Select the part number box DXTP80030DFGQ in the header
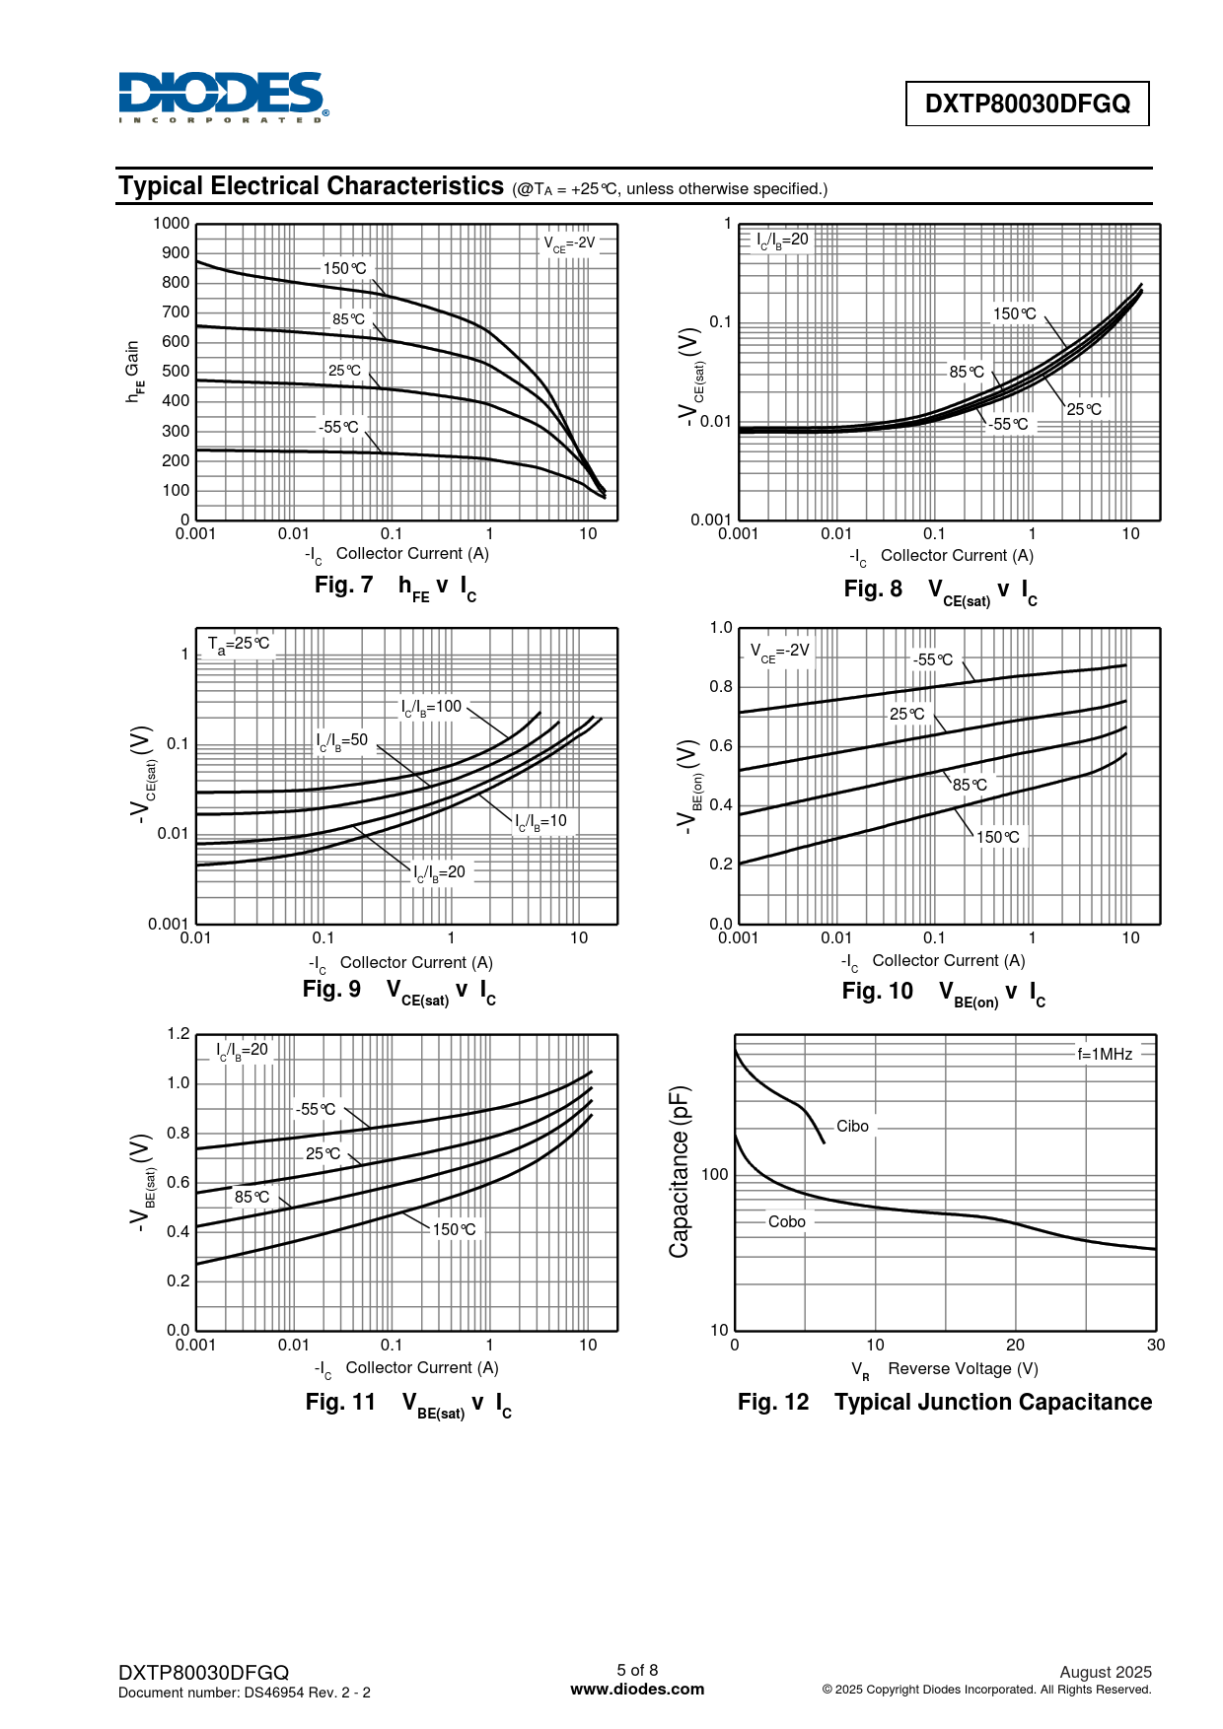pyautogui.click(x=1027, y=104)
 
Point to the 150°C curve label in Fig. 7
pyautogui.click(x=344, y=268)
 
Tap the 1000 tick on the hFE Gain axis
pyautogui.click(x=172, y=224)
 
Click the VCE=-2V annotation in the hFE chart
pyautogui.click(x=570, y=242)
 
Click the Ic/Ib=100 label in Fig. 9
pyautogui.click(x=431, y=707)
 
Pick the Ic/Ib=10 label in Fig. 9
pyautogui.click(x=541, y=821)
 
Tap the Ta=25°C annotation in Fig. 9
pyautogui.click(x=238, y=644)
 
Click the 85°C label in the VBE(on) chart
pyautogui.click(x=969, y=785)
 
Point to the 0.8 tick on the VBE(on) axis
pyautogui.click(x=721, y=687)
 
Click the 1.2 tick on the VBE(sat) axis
pyautogui.click(x=179, y=1034)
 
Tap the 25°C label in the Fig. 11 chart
pyautogui.click(x=323, y=1153)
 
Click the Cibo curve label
pyautogui.click(x=852, y=1126)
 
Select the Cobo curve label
pyautogui.click(x=787, y=1221)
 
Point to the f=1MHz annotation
pyautogui.click(x=1105, y=1054)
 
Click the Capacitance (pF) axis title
pyautogui.click(x=680, y=1172)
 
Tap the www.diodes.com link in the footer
pyautogui.click(x=637, y=1689)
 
